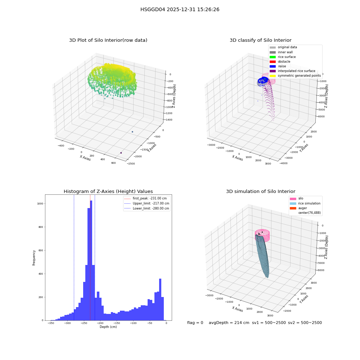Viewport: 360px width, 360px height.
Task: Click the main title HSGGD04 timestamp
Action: point(180,9)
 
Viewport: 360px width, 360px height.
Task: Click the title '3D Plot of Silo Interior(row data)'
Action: point(108,40)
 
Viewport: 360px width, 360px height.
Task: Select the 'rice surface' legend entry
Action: point(283,57)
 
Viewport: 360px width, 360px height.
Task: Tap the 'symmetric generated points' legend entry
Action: point(295,76)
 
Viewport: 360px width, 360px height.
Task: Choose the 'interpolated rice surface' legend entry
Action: point(292,71)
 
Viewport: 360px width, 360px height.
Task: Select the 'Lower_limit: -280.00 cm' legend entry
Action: point(147,208)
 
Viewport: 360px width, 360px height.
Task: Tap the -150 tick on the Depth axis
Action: point(117,323)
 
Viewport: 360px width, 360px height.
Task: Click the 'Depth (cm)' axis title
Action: point(108,327)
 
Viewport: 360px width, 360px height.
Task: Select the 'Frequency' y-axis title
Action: point(34,258)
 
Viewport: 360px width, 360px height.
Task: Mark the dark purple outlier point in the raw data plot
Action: point(121,153)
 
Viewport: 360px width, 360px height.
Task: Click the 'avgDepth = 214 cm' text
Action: point(229,323)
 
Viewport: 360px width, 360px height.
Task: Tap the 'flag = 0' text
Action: point(195,323)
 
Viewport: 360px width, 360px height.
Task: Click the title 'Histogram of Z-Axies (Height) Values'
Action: point(108,192)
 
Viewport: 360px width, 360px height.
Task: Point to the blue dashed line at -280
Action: point(74,258)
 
